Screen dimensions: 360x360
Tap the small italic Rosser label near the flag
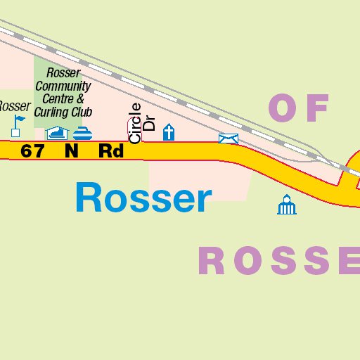coord(14,107)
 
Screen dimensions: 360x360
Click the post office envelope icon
coord(229,139)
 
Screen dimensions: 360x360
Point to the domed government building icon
coord(286,205)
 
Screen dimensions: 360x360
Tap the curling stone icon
coord(83,132)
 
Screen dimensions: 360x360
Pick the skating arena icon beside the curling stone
coord(57,132)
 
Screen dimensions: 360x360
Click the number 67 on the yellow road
coord(33,151)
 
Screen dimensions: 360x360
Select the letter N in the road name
coord(71,151)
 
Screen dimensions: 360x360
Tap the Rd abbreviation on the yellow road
coord(111,151)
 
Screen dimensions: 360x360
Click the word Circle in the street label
coord(135,123)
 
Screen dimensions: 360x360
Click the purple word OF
coord(299,109)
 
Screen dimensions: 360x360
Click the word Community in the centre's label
coord(64,86)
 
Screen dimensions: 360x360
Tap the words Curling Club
coord(64,111)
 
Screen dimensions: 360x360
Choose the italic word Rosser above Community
coord(63,73)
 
